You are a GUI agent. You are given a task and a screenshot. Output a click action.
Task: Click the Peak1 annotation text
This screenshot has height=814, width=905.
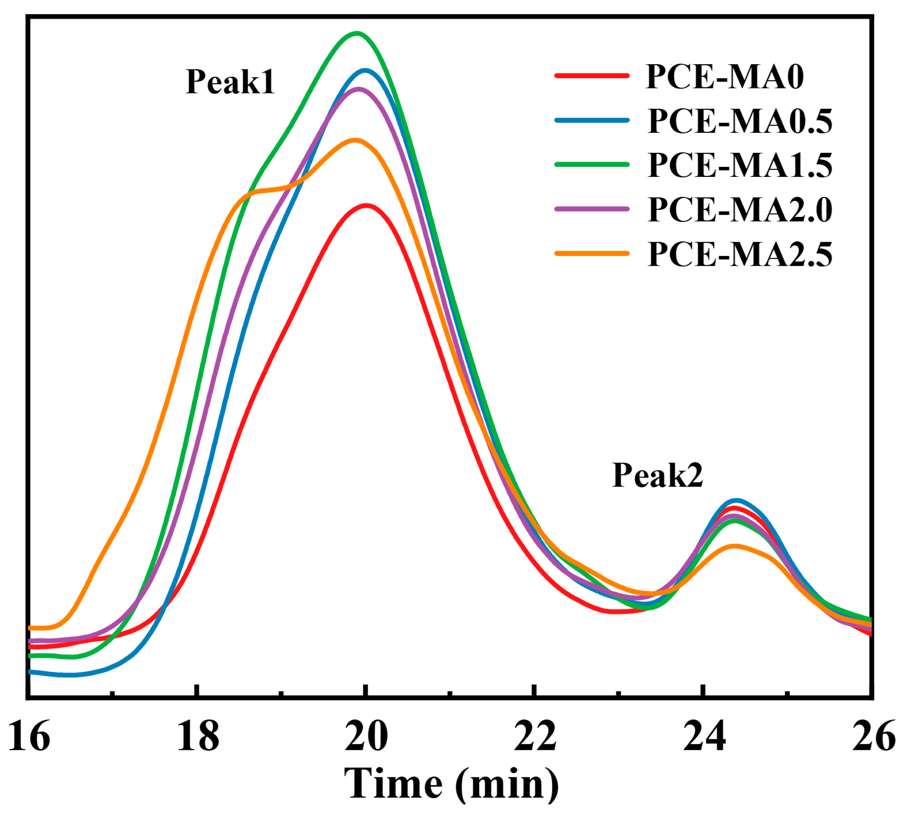coord(230,82)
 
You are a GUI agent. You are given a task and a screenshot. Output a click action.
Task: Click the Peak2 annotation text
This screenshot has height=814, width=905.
coord(657,475)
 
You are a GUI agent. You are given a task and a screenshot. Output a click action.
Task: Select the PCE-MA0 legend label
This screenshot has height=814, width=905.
coord(724,77)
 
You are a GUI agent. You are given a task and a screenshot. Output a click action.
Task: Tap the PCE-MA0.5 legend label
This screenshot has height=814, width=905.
coord(740,121)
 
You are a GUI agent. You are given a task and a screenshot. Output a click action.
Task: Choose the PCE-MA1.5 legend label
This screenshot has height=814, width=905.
coord(740,165)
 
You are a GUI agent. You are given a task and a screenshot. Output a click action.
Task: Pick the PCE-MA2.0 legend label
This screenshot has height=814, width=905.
coord(740,210)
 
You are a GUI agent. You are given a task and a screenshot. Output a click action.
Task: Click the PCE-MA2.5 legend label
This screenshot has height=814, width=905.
coord(740,254)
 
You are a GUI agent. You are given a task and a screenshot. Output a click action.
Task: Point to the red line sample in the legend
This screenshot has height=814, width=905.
coord(592,76)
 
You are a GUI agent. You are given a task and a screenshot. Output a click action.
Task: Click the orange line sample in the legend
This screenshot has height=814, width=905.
coord(592,254)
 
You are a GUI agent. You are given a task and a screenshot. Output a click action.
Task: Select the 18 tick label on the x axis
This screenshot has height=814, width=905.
coord(198,736)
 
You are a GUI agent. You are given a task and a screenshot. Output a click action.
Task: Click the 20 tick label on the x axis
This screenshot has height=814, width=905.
coord(366,736)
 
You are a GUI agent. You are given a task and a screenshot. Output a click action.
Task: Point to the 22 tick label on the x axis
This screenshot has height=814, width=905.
coord(535,736)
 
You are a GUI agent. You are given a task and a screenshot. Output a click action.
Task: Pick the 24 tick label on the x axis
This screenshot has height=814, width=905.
coord(704,736)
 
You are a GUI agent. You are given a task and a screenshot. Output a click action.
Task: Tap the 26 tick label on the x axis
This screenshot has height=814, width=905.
coord(873,736)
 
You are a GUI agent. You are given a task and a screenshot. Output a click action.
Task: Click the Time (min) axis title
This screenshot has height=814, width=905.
coord(451,784)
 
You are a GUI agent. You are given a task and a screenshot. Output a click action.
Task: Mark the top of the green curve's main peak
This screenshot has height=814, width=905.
coord(356,33)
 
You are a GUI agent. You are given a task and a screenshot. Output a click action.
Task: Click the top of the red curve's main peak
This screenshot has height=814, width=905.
coord(366,205)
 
